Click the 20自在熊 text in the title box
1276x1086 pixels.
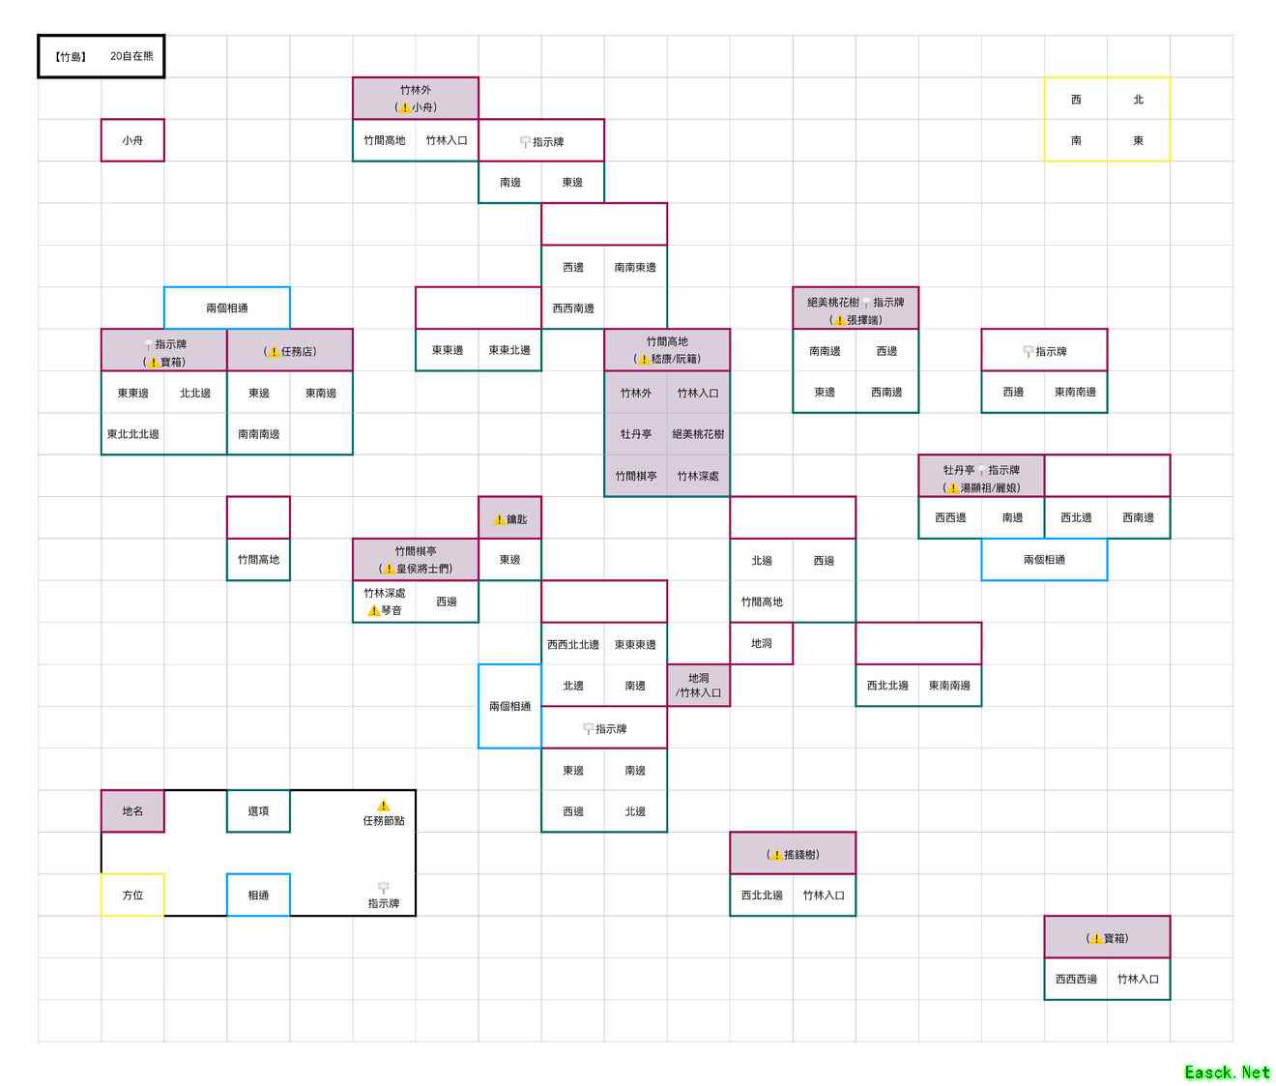tap(131, 56)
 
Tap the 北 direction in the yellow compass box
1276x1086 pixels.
tap(1138, 100)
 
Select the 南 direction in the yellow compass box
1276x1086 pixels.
tap(1076, 140)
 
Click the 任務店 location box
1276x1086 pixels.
tap(290, 351)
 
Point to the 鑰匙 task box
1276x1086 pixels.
tap(510, 519)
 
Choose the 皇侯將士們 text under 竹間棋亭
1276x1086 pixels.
tap(422, 569)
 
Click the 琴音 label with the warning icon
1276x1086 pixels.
tap(385, 610)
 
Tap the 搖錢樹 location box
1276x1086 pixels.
tap(794, 855)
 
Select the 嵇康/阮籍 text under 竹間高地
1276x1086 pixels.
tap(675, 359)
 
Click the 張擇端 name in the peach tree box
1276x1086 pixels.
tap(863, 320)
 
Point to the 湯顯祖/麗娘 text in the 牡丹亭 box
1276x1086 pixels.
tap(989, 488)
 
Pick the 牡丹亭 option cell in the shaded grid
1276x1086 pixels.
tap(636, 434)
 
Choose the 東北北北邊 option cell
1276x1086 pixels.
tap(132, 434)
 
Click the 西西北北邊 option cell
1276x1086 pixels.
tap(573, 645)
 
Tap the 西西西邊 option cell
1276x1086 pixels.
tap(1076, 979)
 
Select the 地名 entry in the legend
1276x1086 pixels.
tap(132, 811)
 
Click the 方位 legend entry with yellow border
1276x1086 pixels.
tap(132, 895)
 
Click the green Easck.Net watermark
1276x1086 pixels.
tap(1227, 1071)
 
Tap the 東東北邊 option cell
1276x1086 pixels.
tap(509, 350)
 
